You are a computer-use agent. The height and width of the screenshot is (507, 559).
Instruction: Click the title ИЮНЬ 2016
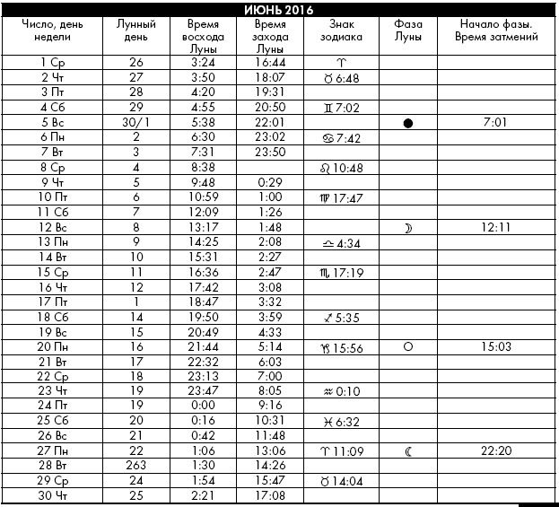pos(278,9)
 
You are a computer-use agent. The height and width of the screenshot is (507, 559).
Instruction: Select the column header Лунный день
pos(136,33)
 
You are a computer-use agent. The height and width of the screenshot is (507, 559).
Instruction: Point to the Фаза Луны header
pos(408,33)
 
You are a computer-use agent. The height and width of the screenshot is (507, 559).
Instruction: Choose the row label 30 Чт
pos(53,496)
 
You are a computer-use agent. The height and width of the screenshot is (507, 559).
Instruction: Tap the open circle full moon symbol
pos(408,346)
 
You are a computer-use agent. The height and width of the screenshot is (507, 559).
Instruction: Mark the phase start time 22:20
pos(496,452)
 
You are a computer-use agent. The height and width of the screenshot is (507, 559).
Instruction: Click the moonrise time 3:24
pos(203,63)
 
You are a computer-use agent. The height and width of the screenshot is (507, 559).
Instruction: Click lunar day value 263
pos(136,467)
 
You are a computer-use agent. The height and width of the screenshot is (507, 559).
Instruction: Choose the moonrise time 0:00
pos(203,406)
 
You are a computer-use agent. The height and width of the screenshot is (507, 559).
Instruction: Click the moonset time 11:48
pos(270,437)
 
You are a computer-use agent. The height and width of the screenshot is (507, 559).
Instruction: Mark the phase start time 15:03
pos(496,346)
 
